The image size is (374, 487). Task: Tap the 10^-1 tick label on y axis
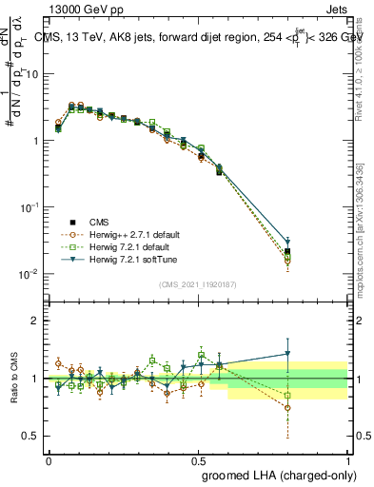(29, 207)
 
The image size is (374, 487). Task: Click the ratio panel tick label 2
(36, 321)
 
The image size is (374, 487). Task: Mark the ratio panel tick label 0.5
(31, 436)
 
